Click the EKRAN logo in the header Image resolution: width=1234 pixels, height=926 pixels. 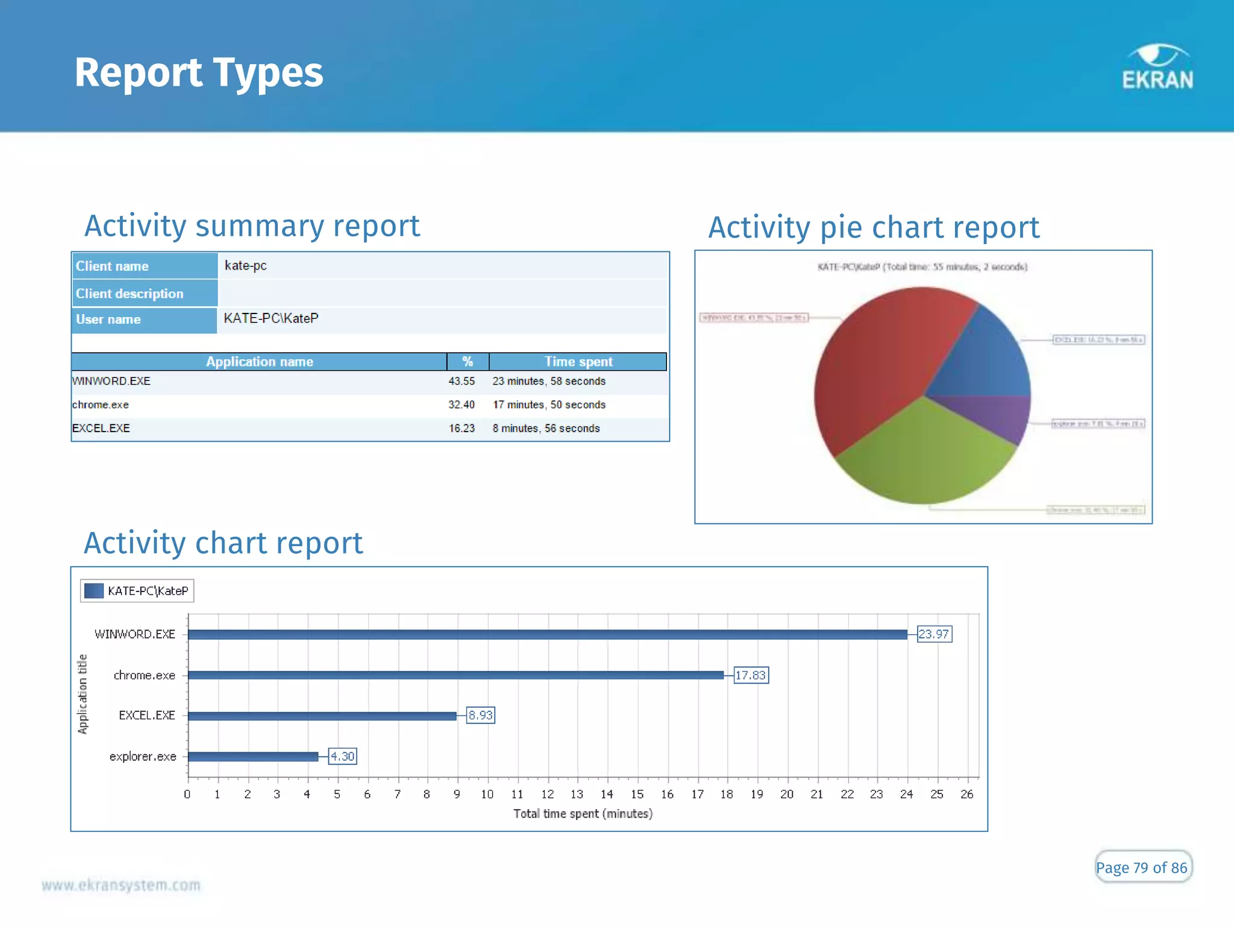click(1157, 68)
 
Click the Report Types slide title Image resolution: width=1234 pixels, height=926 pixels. click(199, 72)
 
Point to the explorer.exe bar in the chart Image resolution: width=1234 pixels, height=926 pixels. click(253, 757)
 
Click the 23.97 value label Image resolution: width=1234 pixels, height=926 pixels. click(934, 634)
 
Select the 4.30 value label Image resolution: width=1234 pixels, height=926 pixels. click(342, 757)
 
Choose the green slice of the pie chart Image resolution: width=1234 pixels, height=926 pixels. click(922, 458)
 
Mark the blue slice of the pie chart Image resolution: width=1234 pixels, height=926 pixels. click(988, 356)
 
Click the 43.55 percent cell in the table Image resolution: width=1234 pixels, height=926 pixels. click(462, 381)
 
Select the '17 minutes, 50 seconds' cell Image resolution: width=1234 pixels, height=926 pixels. click(549, 405)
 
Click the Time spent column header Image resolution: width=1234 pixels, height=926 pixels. click(578, 362)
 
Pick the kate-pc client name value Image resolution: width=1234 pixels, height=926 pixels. click(246, 266)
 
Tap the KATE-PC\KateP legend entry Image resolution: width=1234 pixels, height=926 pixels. click(137, 591)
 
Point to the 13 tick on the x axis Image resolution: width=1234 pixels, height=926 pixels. click(577, 795)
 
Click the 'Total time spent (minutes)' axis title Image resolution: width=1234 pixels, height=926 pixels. click(583, 814)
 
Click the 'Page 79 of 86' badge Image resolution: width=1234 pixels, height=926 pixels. click(1142, 868)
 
